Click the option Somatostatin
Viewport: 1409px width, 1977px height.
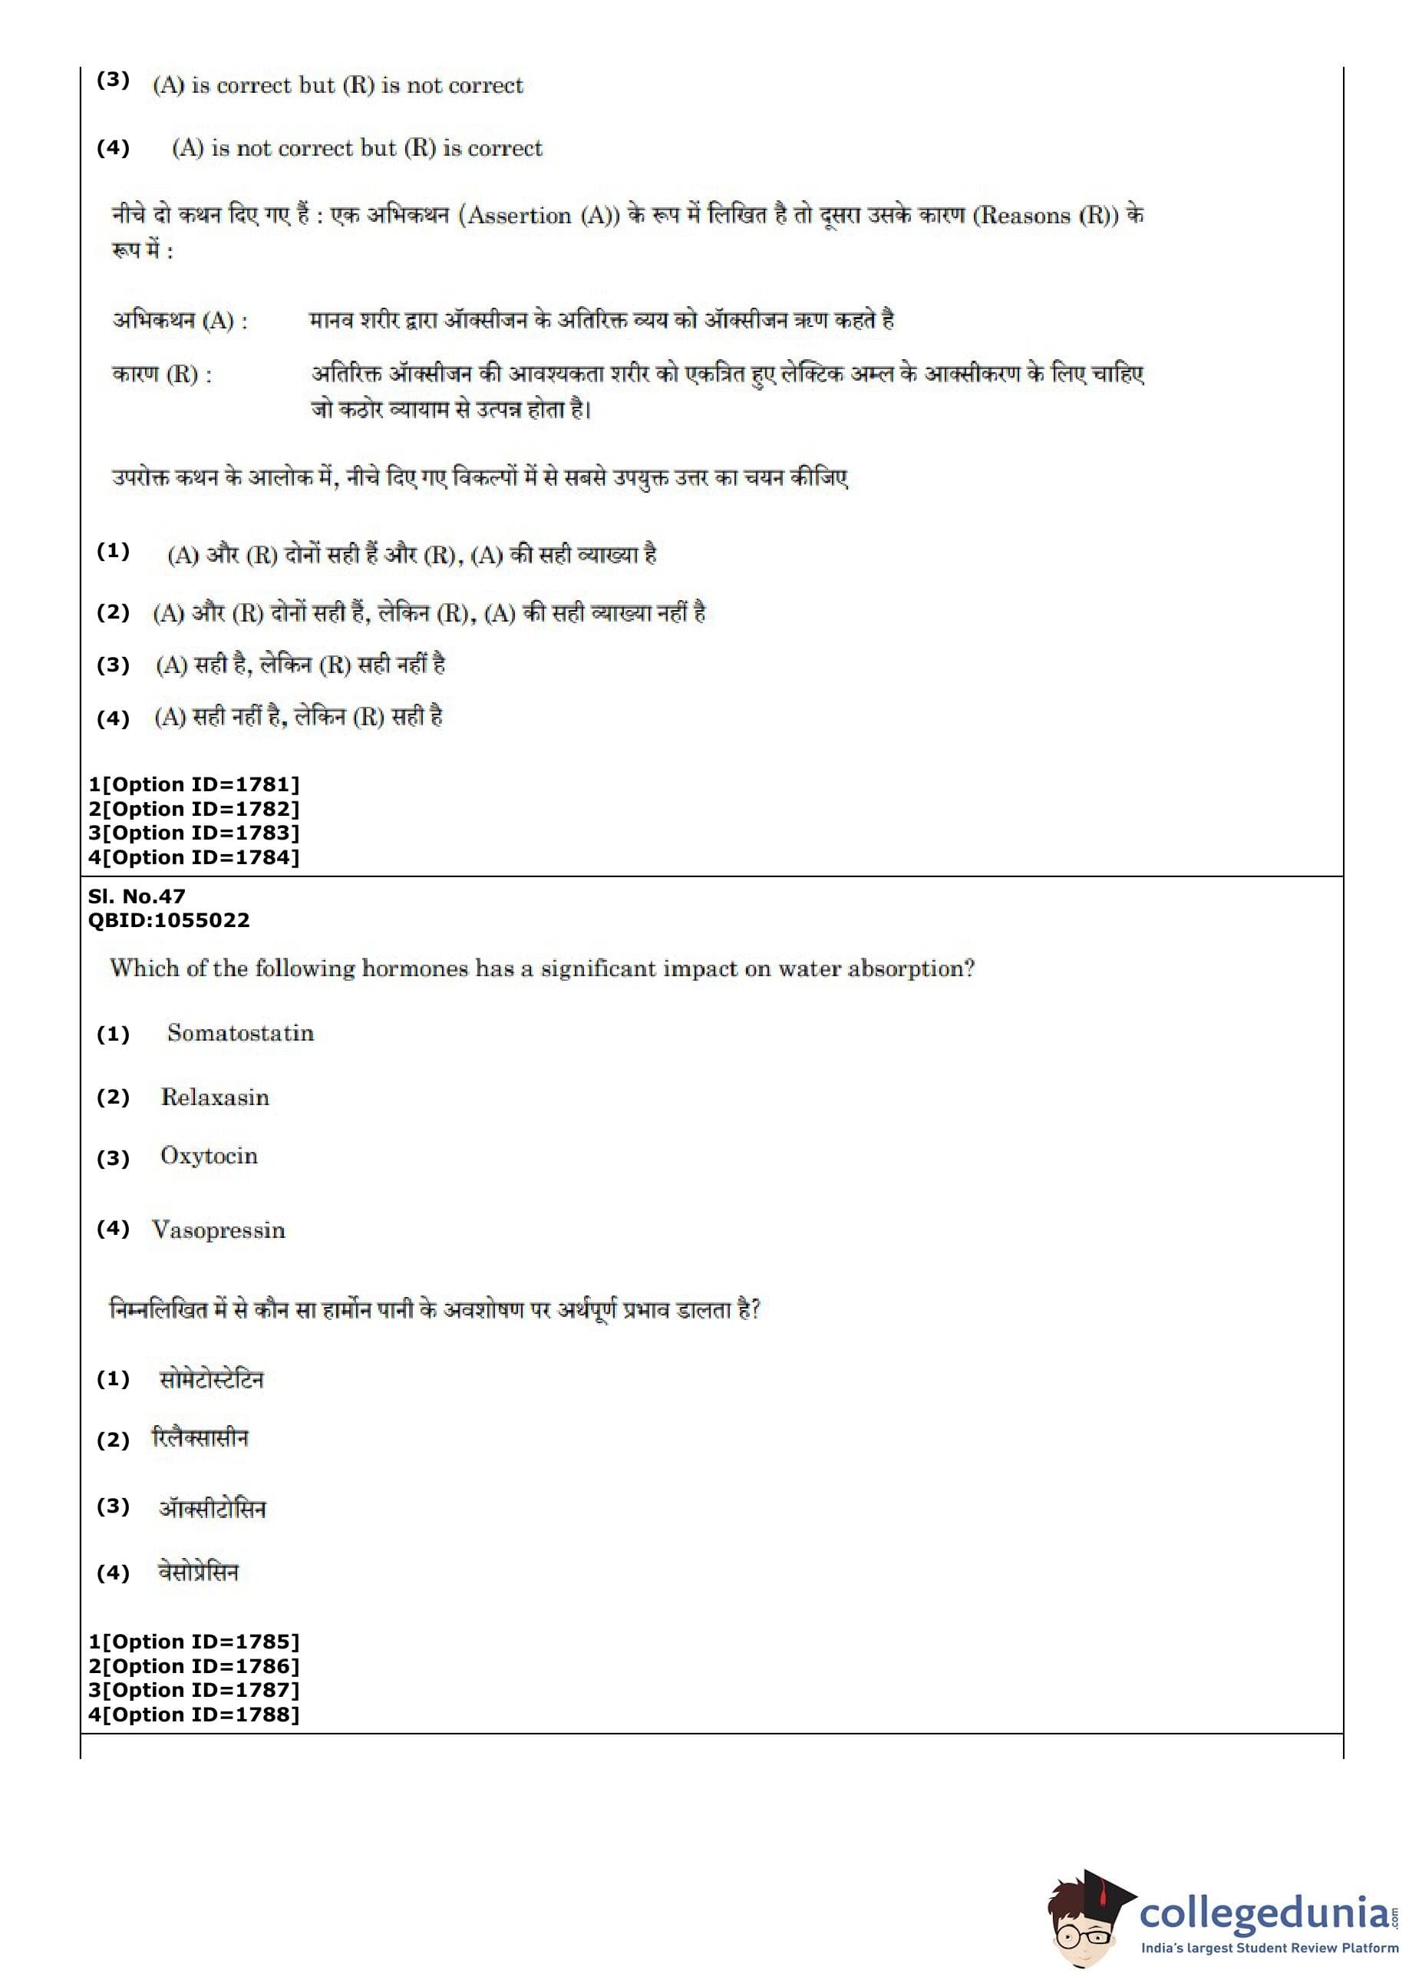(240, 1032)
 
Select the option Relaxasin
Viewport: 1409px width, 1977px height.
(215, 1097)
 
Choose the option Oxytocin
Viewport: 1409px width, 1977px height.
(209, 1156)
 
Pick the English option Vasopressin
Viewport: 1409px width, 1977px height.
(219, 1229)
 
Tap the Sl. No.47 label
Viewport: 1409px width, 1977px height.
(137, 896)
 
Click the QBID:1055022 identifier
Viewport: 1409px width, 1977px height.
(169, 919)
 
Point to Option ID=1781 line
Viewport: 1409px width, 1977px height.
(194, 784)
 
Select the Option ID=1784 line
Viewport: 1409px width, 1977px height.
(194, 857)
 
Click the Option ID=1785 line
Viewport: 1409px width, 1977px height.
(194, 1642)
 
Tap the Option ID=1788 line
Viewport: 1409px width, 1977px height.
(194, 1715)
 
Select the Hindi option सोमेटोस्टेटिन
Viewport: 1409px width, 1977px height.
(212, 1378)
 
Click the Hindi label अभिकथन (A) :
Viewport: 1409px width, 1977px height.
(180, 321)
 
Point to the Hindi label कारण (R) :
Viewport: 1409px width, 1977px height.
(162, 375)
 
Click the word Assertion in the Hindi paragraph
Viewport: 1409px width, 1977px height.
(519, 215)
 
